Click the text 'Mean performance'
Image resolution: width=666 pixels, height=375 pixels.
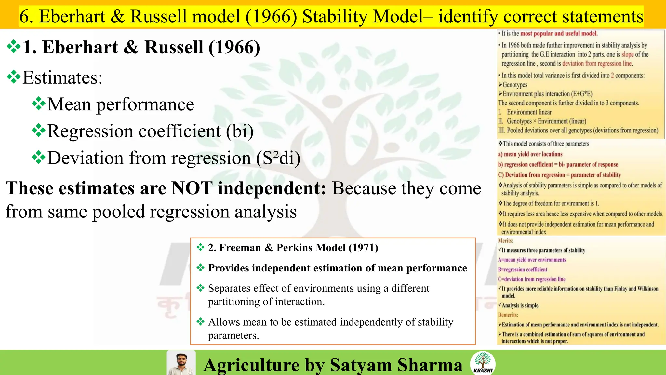click(x=121, y=104)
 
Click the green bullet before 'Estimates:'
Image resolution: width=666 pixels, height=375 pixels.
click(x=14, y=77)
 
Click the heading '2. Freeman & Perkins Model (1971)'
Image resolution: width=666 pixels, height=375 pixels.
click(x=293, y=248)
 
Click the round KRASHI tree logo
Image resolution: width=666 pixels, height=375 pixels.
click(x=483, y=363)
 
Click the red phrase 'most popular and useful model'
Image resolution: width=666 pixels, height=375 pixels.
click(x=559, y=34)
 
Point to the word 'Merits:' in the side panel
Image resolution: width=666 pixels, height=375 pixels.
click(x=506, y=241)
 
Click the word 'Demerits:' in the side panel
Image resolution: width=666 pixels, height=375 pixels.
click(x=508, y=315)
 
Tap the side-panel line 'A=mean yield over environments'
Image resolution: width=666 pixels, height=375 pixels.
click(x=532, y=260)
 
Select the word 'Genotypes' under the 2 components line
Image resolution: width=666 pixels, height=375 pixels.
click(x=515, y=85)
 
